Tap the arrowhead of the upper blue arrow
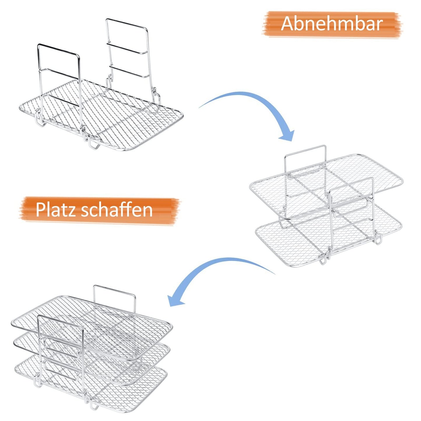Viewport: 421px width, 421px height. tap(287, 135)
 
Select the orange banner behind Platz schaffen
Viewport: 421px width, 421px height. tap(99, 210)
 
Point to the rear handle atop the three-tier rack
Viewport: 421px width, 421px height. tap(115, 290)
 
